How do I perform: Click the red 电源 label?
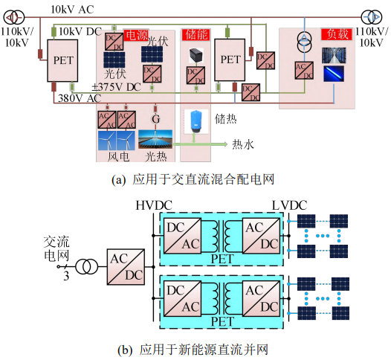pos(136,35)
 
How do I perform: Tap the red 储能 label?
pos(196,34)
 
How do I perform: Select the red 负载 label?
pos(337,34)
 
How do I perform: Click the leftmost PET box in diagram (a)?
pos(62,61)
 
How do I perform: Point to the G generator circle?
pos(156,119)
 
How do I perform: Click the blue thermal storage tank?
pos(195,121)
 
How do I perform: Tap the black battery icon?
pos(196,55)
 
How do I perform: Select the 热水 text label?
pos(243,144)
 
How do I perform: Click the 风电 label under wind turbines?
pos(118,157)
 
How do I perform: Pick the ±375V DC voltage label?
pos(117,87)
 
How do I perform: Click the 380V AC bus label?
pos(80,98)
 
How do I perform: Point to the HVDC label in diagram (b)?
pos(154,205)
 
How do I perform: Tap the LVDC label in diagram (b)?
pos(289,205)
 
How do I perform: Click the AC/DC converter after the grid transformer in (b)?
pos(126,267)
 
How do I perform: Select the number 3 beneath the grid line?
pos(66,276)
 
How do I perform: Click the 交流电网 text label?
pos(56,248)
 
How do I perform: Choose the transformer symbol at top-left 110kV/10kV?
pos(14,17)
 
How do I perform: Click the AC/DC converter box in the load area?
pos(304,71)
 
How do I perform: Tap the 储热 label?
pos(226,119)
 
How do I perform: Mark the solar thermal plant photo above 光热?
pos(155,140)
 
